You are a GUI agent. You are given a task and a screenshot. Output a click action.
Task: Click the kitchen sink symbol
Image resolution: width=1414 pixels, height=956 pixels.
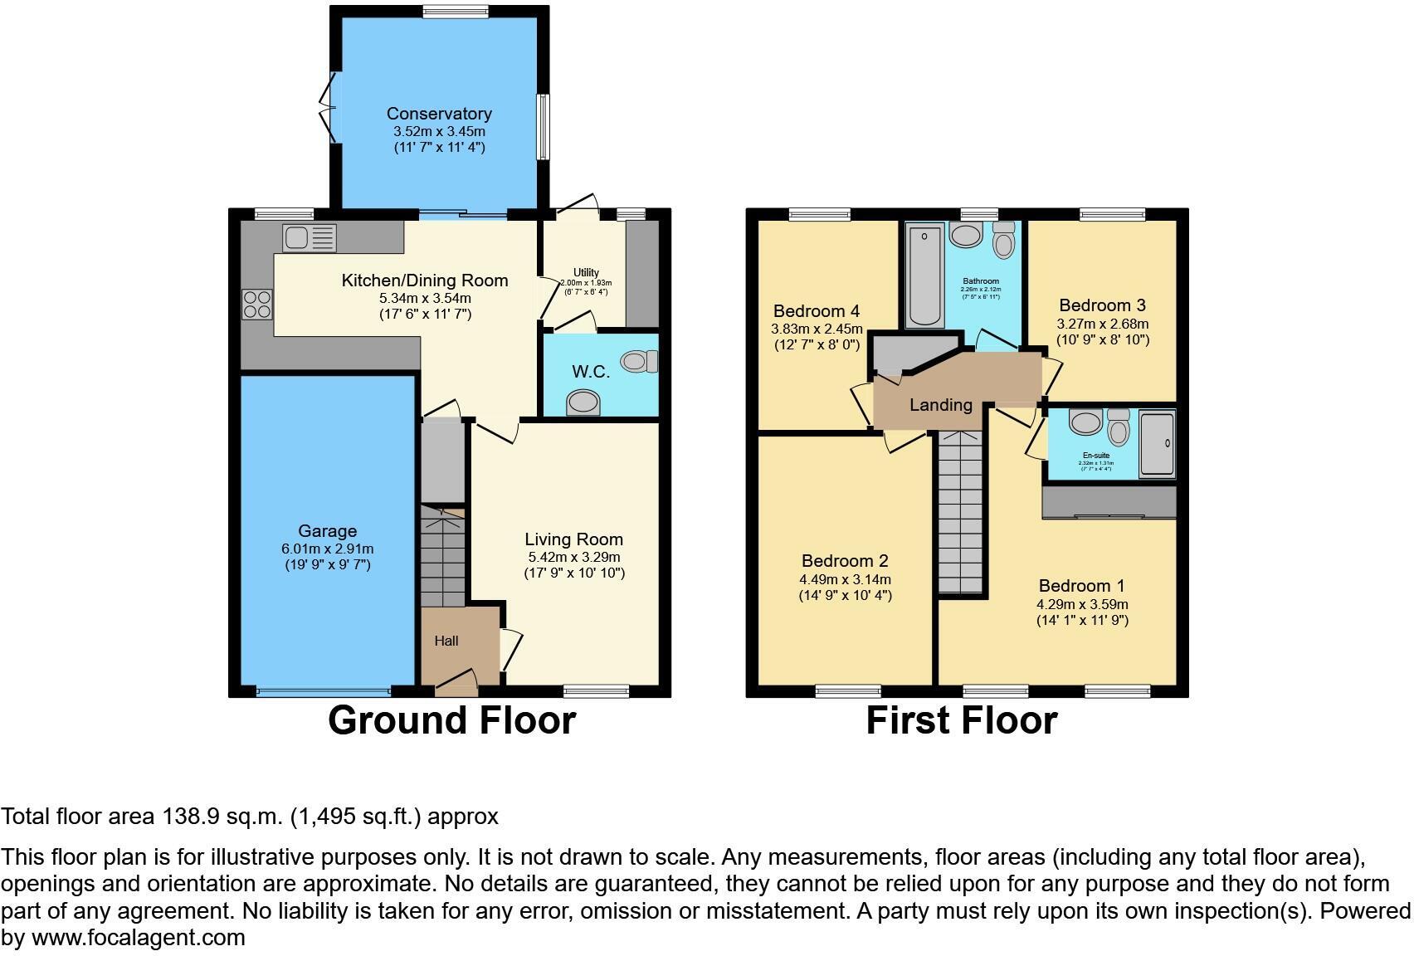[x=309, y=238]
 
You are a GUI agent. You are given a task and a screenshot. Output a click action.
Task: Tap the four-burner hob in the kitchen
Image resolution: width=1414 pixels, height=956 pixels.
[x=257, y=304]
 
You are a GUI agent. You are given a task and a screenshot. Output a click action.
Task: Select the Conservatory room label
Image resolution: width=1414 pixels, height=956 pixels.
[x=439, y=114]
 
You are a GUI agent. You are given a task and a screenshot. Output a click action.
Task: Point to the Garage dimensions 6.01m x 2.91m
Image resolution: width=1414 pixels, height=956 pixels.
[x=327, y=549]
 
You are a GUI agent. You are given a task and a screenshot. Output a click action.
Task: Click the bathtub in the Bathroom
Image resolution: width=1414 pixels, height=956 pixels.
[x=924, y=275]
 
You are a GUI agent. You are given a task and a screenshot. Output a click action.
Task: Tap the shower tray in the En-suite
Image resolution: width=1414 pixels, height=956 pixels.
[x=1156, y=444]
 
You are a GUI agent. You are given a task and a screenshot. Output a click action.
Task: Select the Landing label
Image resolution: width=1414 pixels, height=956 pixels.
[x=940, y=405]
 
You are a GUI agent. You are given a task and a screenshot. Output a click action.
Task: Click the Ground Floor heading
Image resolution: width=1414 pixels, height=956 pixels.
[x=451, y=720]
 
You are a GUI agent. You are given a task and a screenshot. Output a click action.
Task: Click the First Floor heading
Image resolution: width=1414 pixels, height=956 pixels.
[x=962, y=720]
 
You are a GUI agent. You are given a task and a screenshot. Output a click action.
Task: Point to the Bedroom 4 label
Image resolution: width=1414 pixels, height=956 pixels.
[x=816, y=311]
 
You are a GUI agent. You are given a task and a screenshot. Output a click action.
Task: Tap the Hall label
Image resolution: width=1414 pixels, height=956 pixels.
[x=446, y=641]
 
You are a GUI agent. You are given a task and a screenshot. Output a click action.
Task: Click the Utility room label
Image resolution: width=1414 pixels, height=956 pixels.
[x=586, y=273]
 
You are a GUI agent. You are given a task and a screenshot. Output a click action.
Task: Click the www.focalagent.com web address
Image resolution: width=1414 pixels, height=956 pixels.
[x=138, y=939]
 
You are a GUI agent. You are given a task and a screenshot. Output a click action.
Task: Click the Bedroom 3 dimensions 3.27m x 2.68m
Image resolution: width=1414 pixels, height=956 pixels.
[x=1102, y=324]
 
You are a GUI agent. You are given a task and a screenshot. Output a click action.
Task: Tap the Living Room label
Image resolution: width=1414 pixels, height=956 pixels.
[x=573, y=539]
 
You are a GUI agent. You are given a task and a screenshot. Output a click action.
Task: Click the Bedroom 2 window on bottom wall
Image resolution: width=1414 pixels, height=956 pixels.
[x=847, y=690]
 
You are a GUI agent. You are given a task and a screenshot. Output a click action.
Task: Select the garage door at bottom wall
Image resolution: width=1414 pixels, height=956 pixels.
[x=323, y=690]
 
